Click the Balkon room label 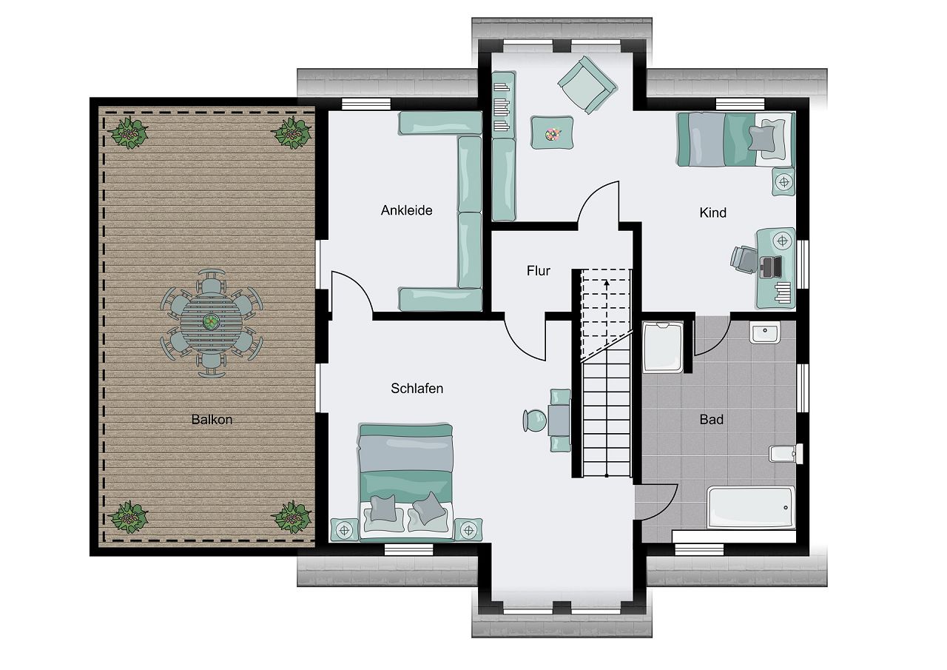[x=212, y=420]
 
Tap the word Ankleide [x=407, y=210]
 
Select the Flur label [x=538, y=271]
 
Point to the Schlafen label [x=417, y=388]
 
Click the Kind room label [x=712, y=212]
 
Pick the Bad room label [x=712, y=420]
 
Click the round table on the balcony [x=212, y=323]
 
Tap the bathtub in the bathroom [x=751, y=507]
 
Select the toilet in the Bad [x=786, y=454]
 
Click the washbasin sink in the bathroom [x=765, y=332]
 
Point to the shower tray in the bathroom [x=662, y=347]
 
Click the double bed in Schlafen [x=406, y=482]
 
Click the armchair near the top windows [x=587, y=85]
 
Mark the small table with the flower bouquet [x=552, y=133]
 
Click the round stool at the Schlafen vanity [x=535, y=421]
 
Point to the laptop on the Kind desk [x=770, y=267]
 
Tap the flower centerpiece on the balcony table [x=210, y=322]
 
